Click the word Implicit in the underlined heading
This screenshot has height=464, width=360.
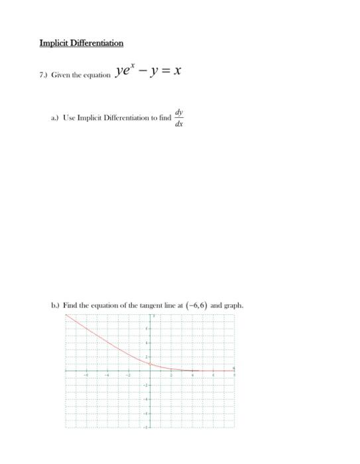pyautogui.click(x=52, y=43)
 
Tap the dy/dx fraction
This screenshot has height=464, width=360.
pyautogui.click(x=178, y=117)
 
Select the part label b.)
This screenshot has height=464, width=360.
pyautogui.click(x=55, y=306)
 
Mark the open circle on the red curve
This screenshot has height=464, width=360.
pyautogui.click(x=150, y=364)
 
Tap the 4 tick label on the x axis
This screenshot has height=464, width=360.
pyautogui.click(x=192, y=375)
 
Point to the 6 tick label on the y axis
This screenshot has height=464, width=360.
pyautogui.click(x=147, y=328)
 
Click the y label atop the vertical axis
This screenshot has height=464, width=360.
pyautogui.click(x=153, y=316)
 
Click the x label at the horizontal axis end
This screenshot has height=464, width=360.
pyautogui.click(x=233, y=367)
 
